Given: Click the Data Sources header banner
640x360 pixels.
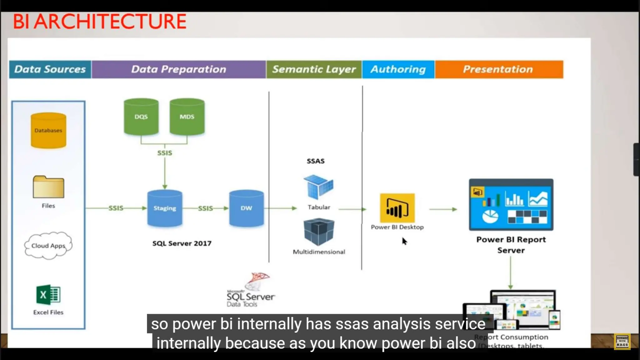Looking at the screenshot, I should (50, 69).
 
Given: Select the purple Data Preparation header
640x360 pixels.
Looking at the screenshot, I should (178, 69).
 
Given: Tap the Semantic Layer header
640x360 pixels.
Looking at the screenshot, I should (314, 69).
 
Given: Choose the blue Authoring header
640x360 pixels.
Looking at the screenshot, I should (398, 69).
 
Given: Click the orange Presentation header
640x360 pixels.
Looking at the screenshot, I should (498, 69).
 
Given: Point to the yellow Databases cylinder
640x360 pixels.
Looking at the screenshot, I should (48, 130).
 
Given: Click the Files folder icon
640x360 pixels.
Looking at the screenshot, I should (48, 187).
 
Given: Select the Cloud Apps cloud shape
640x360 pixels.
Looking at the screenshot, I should (48, 246).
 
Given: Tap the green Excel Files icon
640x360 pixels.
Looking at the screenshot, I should (48, 295).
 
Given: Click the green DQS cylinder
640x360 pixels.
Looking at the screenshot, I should (141, 117).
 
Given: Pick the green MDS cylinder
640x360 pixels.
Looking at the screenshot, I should (187, 117).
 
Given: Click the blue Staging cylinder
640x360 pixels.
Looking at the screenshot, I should (165, 208).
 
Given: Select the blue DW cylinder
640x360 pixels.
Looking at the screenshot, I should (246, 208).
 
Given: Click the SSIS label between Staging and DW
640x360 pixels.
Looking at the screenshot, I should (205, 208).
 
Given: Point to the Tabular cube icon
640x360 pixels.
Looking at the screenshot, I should (318, 187).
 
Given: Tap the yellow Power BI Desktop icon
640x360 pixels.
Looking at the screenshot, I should (397, 208).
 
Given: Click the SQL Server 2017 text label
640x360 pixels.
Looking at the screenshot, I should (182, 243).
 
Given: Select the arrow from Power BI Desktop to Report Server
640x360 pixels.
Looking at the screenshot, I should (443, 209).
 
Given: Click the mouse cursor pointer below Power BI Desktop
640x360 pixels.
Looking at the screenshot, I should (404, 241).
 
